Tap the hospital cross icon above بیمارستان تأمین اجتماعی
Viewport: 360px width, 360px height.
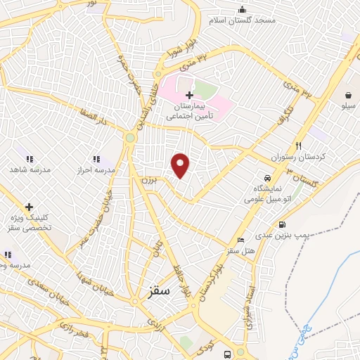[x=189, y=95]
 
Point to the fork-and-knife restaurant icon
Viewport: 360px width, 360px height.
[x=298, y=146]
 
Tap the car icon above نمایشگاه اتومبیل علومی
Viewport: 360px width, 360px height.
[x=266, y=179]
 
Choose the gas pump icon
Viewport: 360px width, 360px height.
[x=282, y=225]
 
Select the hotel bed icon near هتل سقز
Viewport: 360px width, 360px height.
[x=241, y=240]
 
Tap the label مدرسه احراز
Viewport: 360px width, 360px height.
[x=95, y=170]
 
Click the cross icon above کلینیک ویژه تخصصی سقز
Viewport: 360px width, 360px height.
[x=29, y=207]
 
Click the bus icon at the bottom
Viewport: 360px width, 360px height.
[x=227, y=354]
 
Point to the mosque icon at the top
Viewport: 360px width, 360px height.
[x=242, y=10]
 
